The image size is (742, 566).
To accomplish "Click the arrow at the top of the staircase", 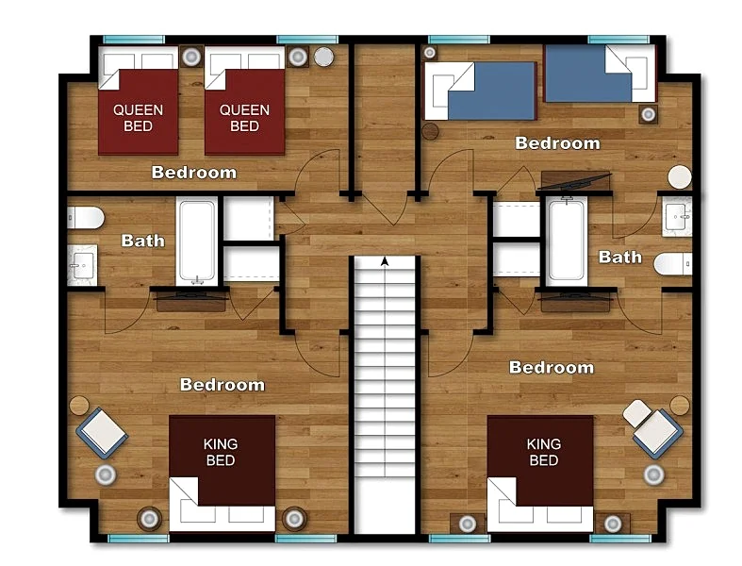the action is click(385, 261).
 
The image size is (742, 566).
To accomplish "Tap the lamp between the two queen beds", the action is click(191, 57).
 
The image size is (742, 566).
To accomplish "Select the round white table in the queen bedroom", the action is click(324, 57).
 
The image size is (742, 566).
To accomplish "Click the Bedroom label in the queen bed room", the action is click(194, 172).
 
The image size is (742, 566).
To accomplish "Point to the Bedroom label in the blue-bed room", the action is click(557, 143).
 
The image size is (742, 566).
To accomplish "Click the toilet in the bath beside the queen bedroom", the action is click(85, 218).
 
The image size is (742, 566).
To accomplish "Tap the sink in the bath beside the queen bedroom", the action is click(82, 265).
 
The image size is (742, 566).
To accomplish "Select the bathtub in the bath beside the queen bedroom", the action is click(197, 242).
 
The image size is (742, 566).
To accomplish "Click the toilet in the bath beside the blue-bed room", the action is click(673, 264).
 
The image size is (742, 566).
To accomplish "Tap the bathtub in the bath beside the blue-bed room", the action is click(567, 242).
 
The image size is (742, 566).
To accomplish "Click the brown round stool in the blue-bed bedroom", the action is click(430, 131).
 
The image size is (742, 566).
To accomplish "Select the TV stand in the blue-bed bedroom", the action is click(575, 180).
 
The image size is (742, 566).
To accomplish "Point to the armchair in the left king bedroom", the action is click(102, 432).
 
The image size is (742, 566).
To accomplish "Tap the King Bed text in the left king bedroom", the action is click(221, 452).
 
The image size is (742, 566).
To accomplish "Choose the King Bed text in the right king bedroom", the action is click(544, 452).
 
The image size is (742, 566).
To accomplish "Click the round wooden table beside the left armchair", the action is click(79, 406).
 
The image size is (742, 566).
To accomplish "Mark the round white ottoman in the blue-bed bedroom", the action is click(680, 177).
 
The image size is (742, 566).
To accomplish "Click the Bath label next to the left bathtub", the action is click(143, 241).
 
